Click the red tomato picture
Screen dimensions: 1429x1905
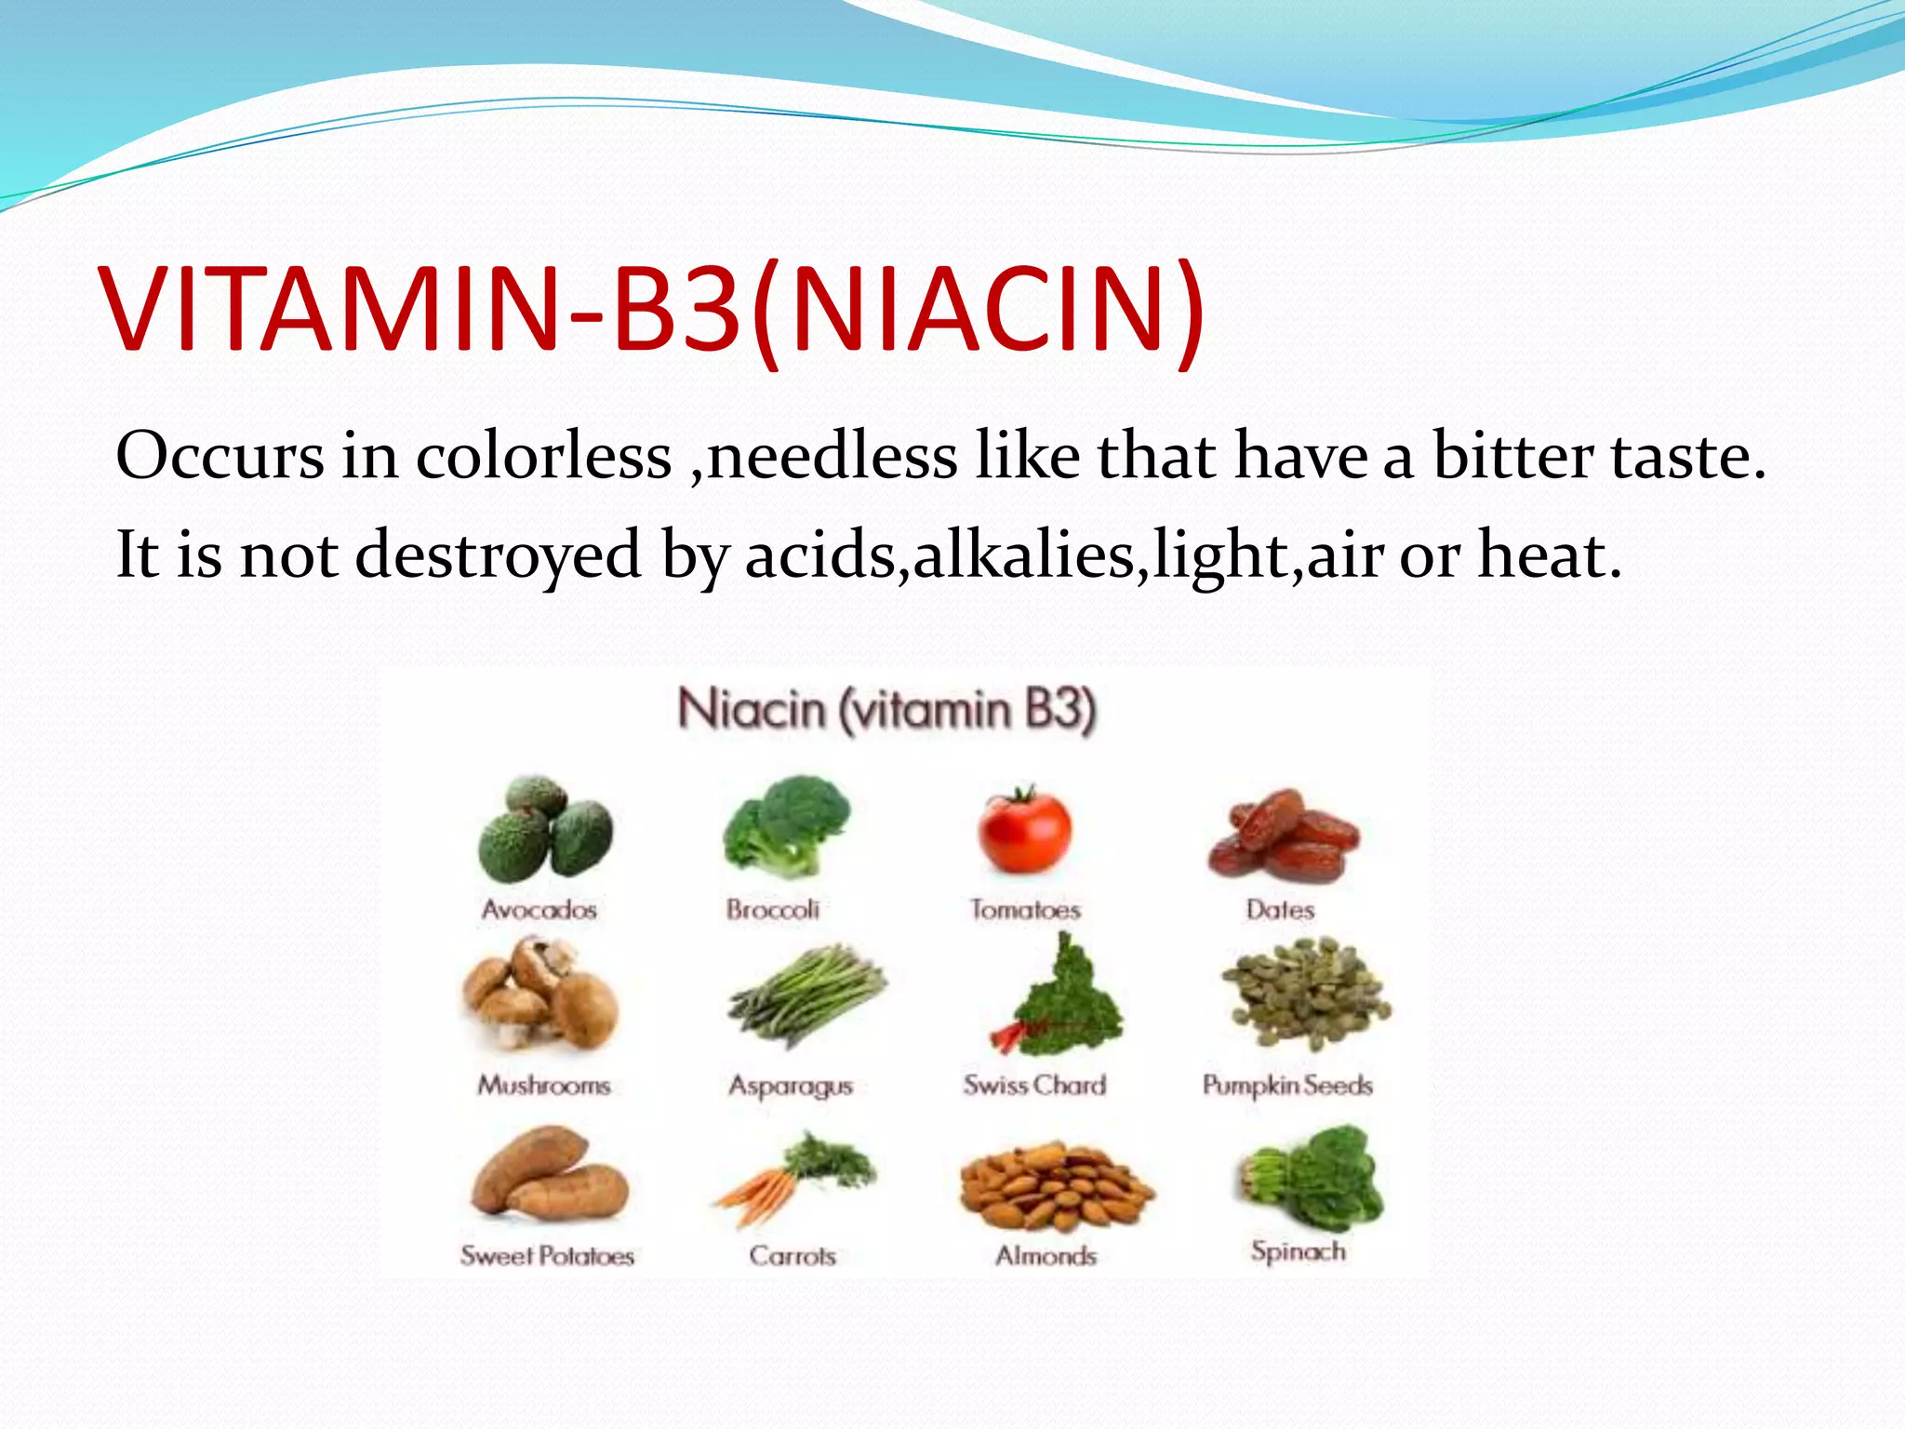(x=1024, y=831)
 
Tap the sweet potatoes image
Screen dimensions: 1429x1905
(x=549, y=1174)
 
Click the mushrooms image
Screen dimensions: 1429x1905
(x=540, y=995)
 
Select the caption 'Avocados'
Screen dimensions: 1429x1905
(x=540, y=909)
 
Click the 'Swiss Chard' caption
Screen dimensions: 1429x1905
(x=1034, y=1085)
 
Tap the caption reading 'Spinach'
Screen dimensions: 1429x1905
(x=1298, y=1251)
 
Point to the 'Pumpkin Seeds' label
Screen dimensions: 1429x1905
(x=1287, y=1085)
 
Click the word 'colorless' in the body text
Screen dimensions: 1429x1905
(x=543, y=457)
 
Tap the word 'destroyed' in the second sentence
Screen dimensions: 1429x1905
(x=499, y=555)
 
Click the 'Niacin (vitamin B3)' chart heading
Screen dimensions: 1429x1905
(x=886, y=710)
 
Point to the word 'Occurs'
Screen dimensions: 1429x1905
(x=220, y=457)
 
